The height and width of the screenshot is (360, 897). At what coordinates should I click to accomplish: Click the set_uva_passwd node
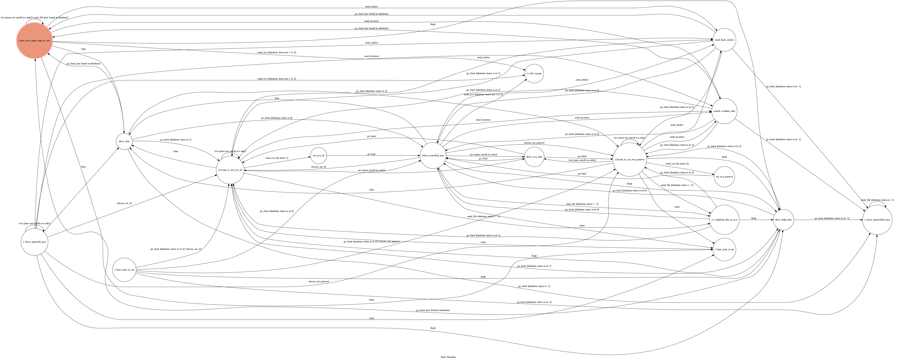tap(724, 177)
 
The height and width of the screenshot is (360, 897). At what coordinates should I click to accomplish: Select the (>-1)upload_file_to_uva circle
tap(724, 220)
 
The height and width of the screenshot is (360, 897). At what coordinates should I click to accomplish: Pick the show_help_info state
tap(783, 220)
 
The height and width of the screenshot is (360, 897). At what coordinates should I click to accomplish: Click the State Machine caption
tap(448, 357)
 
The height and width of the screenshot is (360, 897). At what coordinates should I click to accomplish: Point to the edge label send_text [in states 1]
tap(277, 158)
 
